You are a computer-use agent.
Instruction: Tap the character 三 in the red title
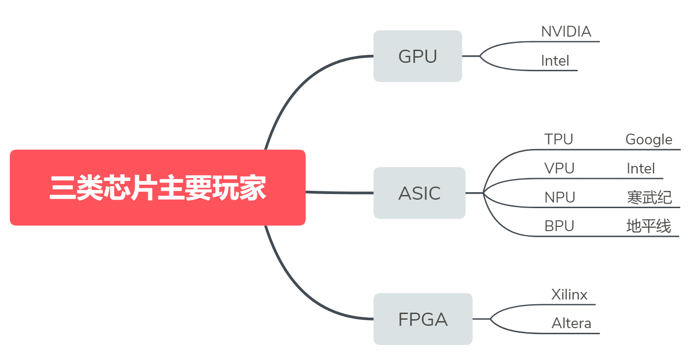pos(63,187)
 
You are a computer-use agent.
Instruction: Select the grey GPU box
pos(417,56)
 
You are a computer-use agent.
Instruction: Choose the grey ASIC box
pos(419,193)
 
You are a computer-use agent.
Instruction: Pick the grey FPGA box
pos(422,319)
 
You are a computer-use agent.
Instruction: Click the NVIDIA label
pos(566,32)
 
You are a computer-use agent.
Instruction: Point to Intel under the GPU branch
pos(555,61)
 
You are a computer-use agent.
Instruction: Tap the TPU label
pos(558,139)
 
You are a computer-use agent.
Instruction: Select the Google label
pos(649,139)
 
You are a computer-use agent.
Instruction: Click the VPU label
pos(559,168)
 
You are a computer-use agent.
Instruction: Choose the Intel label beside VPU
pos(641,168)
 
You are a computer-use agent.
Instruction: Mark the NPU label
pos(560,197)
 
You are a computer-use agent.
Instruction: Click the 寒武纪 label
pos(649,197)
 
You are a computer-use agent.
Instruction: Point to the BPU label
pos(559,226)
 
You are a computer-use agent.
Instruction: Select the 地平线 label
pos(649,226)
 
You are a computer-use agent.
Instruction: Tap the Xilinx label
pos(569,295)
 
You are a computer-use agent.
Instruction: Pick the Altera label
pos(571,323)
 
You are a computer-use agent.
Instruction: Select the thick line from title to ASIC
pos(339,192)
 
